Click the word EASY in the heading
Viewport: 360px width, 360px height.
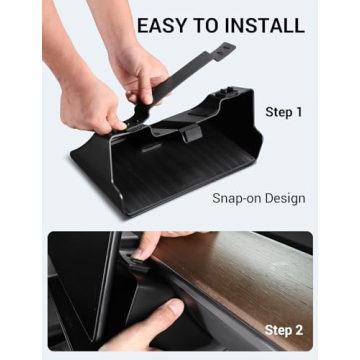pyautogui.click(x=161, y=25)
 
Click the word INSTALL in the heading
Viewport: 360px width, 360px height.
pyautogui.click(x=263, y=25)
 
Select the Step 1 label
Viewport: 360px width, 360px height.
pyautogui.click(x=284, y=112)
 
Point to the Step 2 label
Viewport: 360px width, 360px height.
pyautogui.click(x=284, y=330)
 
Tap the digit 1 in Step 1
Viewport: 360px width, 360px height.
pyautogui.click(x=299, y=112)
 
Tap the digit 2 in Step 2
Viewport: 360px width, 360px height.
pyautogui.click(x=298, y=330)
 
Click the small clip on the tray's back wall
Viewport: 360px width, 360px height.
pyautogui.click(x=190, y=132)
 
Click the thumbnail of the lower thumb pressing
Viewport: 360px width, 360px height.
pyautogui.click(x=175, y=307)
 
